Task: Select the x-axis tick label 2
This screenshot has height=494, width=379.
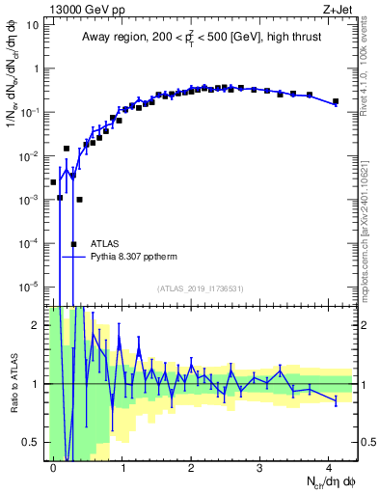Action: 191,466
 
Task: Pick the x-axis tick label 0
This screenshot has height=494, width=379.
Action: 54,466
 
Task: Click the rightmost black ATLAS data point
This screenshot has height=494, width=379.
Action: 336,101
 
